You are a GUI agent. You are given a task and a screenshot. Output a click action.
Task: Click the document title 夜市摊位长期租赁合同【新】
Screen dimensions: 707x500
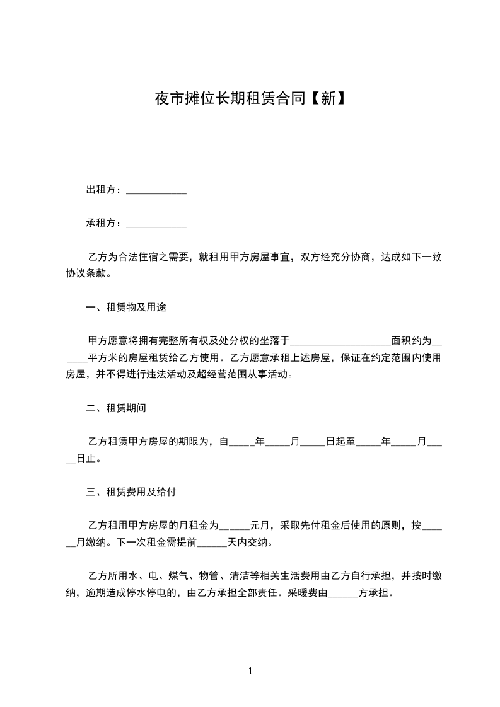click(250, 98)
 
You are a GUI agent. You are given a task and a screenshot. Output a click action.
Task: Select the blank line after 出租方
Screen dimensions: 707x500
click(156, 192)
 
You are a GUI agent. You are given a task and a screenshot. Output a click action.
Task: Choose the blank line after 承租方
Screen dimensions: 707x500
click(156, 225)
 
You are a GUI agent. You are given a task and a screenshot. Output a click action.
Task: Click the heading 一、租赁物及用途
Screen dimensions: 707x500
click(126, 308)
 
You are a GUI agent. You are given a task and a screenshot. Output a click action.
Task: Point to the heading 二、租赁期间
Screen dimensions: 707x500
click(116, 408)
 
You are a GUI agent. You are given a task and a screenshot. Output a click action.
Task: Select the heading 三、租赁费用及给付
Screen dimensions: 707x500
click(131, 491)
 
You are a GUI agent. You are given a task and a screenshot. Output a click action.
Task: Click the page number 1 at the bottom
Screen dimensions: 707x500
click(250, 671)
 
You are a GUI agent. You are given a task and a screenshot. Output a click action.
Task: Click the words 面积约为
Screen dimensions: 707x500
click(412, 341)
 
